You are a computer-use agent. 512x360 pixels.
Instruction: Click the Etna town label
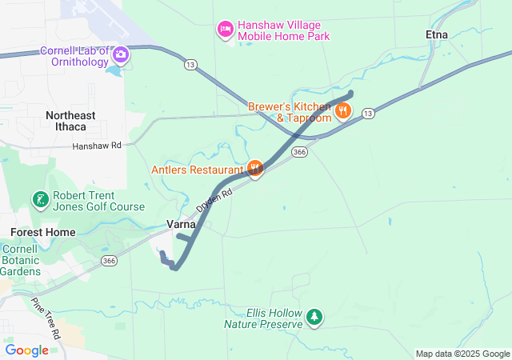(437, 34)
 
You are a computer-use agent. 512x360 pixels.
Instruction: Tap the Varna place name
(181, 225)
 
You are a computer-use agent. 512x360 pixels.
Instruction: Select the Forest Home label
(43, 232)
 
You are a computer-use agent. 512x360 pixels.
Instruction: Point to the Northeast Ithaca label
(70, 121)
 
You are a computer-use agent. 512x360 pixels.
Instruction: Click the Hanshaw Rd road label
(96, 146)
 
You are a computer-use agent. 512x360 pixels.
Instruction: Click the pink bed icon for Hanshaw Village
(226, 30)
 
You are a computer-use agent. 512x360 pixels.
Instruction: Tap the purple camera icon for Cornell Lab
(121, 55)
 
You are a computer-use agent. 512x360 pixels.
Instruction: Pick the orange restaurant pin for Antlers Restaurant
(255, 169)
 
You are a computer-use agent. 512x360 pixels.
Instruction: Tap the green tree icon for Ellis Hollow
(314, 318)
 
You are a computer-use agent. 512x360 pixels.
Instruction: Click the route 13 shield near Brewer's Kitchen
(367, 114)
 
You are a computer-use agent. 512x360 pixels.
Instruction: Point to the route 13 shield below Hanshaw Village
(190, 63)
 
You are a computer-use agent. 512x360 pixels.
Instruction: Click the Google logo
(27, 350)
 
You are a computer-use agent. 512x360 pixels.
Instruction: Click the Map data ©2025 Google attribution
(462, 354)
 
